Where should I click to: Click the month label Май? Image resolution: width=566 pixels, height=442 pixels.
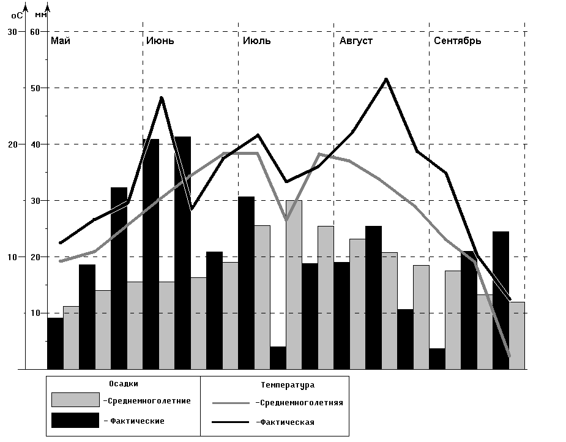click(x=61, y=41)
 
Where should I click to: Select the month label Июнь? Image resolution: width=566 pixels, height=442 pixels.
click(x=160, y=41)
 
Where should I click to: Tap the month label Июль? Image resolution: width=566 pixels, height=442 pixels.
click(x=256, y=41)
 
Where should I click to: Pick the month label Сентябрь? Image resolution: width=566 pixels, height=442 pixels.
click(x=457, y=41)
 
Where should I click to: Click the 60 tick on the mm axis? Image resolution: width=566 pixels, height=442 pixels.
click(x=35, y=31)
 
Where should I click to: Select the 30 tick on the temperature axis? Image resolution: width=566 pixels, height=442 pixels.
click(x=12, y=31)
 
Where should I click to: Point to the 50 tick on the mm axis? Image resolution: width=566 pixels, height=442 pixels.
click(x=35, y=88)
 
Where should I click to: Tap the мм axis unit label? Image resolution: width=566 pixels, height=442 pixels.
click(x=40, y=13)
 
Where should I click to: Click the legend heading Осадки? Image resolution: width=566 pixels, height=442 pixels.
click(x=124, y=384)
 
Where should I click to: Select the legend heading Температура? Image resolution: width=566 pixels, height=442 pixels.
click(x=288, y=385)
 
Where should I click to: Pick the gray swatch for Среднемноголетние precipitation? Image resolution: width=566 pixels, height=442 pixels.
click(x=75, y=400)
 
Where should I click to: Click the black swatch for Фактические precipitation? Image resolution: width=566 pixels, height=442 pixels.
click(x=75, y=421)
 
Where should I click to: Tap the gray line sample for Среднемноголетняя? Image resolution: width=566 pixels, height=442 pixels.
click(x=231, y=403)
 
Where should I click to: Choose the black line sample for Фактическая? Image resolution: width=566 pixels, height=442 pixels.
click(x=231, y=422)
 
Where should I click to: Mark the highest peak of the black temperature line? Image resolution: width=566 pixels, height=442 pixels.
click(x=386, y=79)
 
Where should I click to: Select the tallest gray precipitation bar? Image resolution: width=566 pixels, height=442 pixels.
click(x=294, y=285)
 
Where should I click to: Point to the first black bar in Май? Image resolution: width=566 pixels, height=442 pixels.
click(x=55, y=343)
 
